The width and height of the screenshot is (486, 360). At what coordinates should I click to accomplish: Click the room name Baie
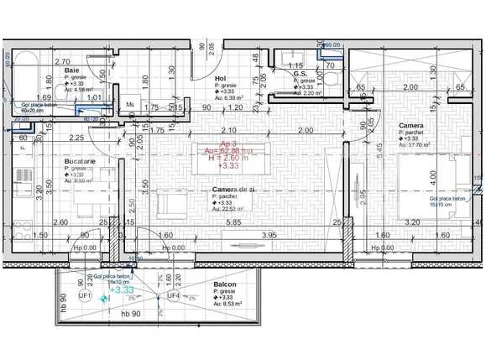(71, 70)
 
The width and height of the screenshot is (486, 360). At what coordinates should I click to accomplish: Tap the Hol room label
(221, 78)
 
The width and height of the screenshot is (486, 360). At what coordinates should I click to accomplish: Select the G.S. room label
(300, 74)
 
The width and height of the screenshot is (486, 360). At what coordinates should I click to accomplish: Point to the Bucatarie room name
(80, 159)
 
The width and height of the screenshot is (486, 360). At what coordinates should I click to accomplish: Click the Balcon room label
(224, 284)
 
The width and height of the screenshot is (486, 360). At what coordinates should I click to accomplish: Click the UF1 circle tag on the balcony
(85, 295)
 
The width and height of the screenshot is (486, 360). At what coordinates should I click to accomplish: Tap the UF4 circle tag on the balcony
(173, 295)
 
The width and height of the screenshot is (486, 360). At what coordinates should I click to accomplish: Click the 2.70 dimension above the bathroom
(62, 61)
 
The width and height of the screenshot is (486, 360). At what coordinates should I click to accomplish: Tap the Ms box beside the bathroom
(130, 105)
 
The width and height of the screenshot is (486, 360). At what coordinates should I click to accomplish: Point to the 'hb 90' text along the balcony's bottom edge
(128, 314)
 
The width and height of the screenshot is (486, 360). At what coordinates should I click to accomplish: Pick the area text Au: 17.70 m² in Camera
(415, 145)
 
